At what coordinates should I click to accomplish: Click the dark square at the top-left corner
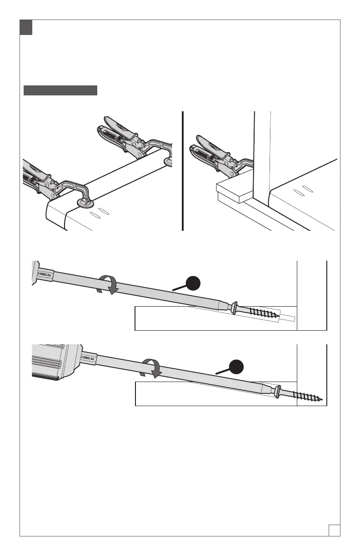(x=26, y=27)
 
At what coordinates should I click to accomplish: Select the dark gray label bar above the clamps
(x=60, y=90)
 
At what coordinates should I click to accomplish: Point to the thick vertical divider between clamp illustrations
(x=182, y=171)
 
